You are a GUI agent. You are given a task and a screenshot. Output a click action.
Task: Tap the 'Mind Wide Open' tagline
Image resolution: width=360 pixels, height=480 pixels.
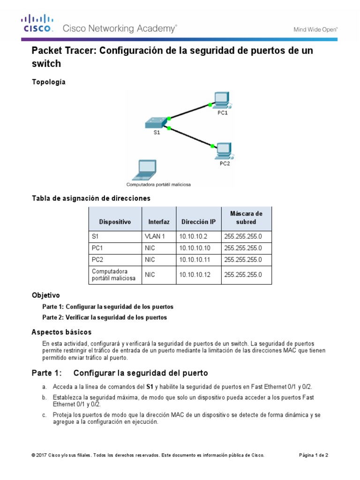[x=315, y=29]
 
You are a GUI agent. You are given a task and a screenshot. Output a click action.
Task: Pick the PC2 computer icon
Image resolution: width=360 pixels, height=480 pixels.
[x=224, y=150]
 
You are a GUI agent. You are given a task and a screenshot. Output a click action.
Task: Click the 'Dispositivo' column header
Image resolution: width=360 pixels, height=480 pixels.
[x=115, y=221]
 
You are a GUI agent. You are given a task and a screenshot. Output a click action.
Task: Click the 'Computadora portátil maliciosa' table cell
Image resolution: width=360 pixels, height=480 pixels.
[x=114, y=275]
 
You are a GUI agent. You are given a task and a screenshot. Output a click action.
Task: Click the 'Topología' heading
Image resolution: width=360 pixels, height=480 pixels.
[x=48, y=82]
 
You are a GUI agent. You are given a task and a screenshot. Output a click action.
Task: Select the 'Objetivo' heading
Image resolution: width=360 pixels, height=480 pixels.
[x=45, y=296]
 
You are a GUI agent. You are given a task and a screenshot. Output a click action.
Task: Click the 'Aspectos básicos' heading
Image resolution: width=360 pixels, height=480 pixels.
[x=61, y=332]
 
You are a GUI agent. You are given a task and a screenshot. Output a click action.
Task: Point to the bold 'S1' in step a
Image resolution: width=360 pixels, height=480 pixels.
[x=150, y=387]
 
